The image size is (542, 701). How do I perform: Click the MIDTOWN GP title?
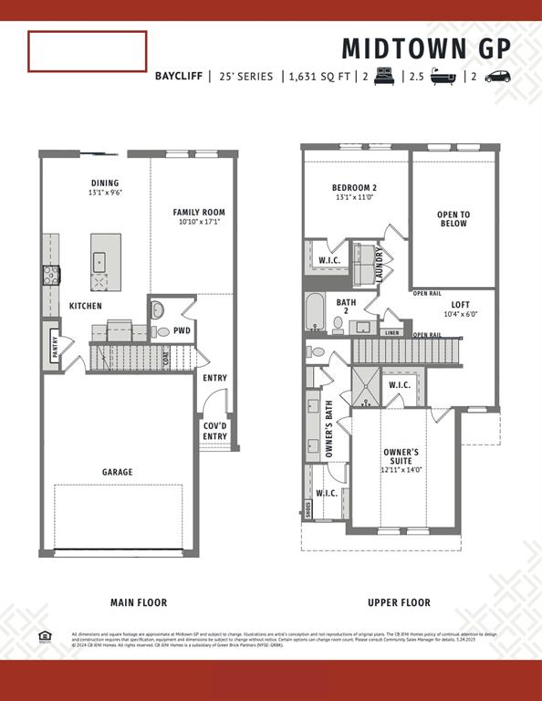click(426, 47)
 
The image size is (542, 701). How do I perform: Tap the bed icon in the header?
click(382, 77)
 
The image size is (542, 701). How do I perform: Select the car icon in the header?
click(497, 77)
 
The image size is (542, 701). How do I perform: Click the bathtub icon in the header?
click(443, 77)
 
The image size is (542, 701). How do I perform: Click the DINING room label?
click(105, 183)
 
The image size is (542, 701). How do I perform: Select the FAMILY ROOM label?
click(199, 213)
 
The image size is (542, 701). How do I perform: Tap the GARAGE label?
click(117, 472)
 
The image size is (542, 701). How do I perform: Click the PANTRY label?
click(55, 348)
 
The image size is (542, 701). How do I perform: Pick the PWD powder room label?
click(182, 330)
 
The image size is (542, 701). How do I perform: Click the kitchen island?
click(106, 255)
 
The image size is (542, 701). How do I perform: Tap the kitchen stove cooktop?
click(49, 275)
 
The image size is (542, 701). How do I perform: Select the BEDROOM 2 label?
click(354, 188)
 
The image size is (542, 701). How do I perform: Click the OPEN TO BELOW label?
click(453, 219)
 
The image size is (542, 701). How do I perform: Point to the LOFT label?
click(460, 305)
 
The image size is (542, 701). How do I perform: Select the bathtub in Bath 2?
click(315, 313)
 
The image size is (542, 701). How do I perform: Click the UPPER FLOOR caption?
click(399, 602)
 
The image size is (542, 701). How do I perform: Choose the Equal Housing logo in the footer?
click(45, 635)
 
